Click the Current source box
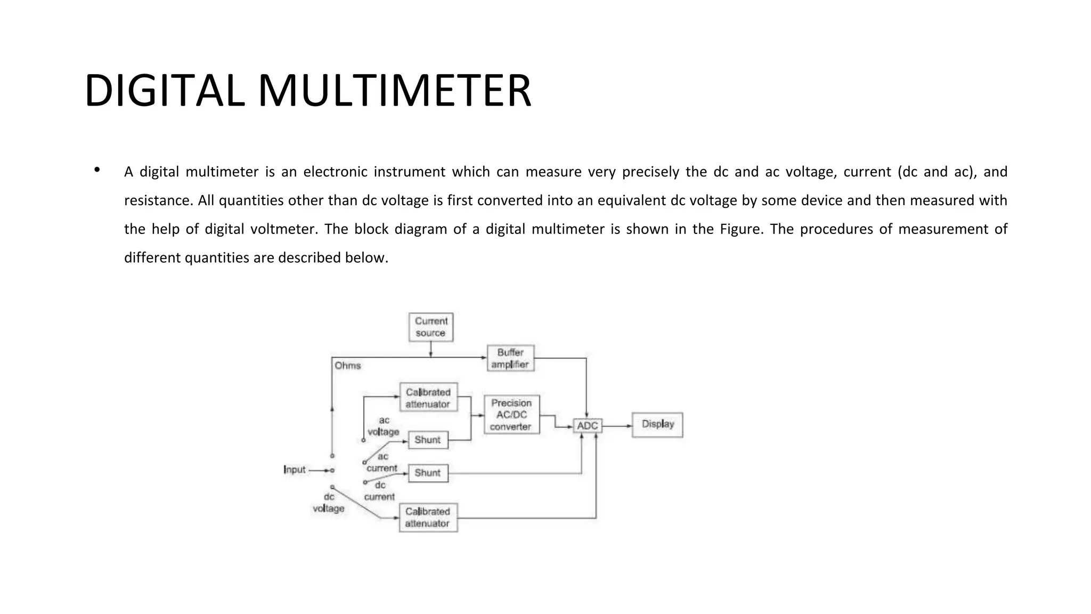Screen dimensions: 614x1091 tap(431, 327)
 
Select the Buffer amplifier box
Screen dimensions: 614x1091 tap(510, 358)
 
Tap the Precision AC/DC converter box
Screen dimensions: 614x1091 tap(511, 415)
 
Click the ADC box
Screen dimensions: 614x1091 tap(588, 425)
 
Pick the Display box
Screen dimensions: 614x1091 tap(657, 424)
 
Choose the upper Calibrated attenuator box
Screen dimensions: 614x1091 tap(428, 398)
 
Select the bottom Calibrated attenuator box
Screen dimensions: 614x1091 tap(428, 517)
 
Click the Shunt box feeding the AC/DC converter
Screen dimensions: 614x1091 tap(428, 440)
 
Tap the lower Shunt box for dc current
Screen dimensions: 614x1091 tap(428, 473)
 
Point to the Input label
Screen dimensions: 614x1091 tap(295, 470)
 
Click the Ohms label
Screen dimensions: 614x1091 tap(347, 366)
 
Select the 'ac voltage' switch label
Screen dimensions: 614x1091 tap(384, 426)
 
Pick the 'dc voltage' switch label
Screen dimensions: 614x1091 tap(328, 503)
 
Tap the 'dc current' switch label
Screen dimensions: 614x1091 tap(379, 491)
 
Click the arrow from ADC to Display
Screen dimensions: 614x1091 tap(617, 426)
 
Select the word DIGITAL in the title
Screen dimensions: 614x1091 tap(164, 91)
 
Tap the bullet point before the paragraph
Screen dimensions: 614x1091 tap(97, 171)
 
